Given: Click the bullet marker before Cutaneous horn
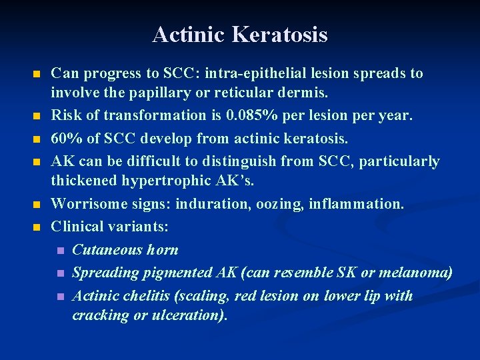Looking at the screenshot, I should coord(60,251).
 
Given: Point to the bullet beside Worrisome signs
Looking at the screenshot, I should coord(37,204).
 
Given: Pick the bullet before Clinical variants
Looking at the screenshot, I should coord(37,227).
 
